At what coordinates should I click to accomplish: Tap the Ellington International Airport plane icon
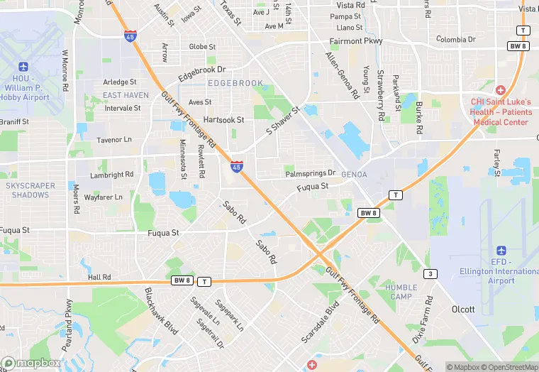tap(501, 251)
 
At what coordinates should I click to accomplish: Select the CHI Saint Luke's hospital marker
tap(501, 91)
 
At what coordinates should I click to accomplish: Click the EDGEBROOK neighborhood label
tap(235, 83)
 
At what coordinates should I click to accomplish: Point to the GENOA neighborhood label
tap(354, 174)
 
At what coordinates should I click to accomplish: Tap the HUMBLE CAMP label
tap(401, 292)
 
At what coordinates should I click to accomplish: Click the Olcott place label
tap(463, 310)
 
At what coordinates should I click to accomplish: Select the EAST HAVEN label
tap(126, 95)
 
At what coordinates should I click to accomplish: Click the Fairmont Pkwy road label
tap(357, 41)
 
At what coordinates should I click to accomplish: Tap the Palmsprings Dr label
tap(310, 173)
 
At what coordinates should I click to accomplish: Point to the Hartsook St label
tap(223, 120)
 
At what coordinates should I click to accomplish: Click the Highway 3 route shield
tap(429, 273)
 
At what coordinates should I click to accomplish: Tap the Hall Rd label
tap(99, 277)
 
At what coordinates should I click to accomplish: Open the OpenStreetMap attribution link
tap(509, 367)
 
